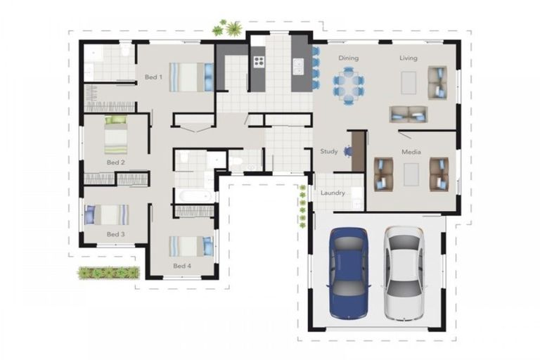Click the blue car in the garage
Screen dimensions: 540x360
click(349, 274)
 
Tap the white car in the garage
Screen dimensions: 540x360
click(404, 274)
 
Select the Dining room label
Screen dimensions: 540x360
click(349, 58)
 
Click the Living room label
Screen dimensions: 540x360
click(409, 58)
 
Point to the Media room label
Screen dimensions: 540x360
click(411, 152)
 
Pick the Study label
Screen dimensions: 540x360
click(329, 151)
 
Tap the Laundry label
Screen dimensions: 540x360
click(333, 193)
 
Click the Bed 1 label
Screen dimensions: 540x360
click(153, 77)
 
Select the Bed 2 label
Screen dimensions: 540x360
click(116, 162)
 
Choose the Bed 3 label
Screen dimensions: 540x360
click(116, 234)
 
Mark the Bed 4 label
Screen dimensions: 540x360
click(182, 266)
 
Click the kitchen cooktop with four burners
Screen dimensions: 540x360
click(259, 62)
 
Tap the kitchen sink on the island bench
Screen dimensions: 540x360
click(298, 66)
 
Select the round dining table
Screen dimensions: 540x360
click(349, 86)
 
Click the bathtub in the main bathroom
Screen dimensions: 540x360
click(195, 196)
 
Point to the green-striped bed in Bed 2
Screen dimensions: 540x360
click(116, 135)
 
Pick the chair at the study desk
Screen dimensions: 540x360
click(348, 151)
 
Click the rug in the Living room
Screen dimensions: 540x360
click(409, 82)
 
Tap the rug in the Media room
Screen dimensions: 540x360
click(411, 174)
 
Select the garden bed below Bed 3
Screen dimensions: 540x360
click(108, 273)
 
